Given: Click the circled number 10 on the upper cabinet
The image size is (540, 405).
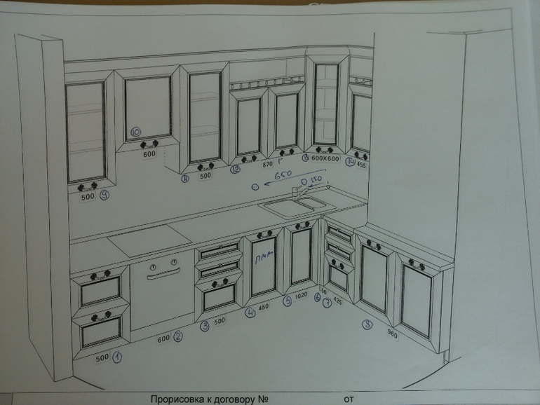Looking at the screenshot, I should (136, 131).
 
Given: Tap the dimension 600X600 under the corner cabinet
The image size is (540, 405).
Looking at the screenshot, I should (325, 159).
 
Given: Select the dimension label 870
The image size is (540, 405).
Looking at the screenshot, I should (266, 165).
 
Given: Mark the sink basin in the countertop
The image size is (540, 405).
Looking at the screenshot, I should (294, 205).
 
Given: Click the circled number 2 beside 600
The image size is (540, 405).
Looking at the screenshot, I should (178, 337).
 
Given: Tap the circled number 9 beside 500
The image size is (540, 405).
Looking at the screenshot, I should (104, 196).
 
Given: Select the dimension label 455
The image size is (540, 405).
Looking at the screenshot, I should (361, 165).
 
